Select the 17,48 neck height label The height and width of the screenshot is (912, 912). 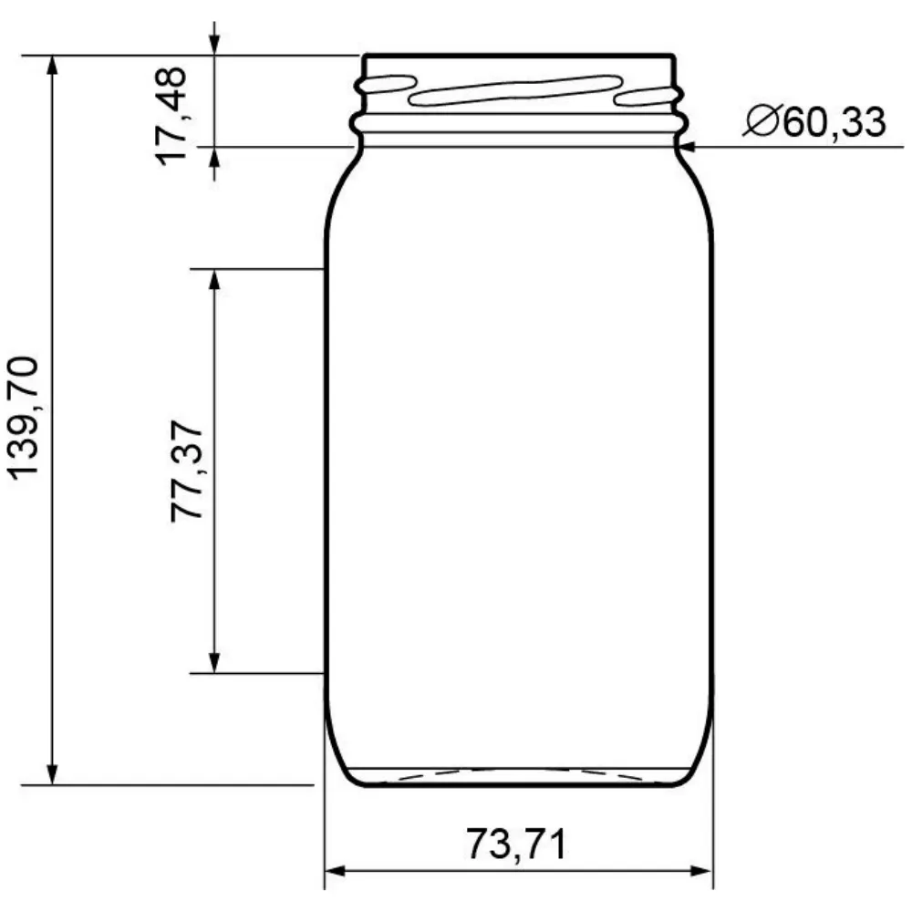[171, 113]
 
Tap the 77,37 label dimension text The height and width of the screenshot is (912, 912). [188, 471]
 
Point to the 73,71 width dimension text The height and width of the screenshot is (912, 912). [516, 844]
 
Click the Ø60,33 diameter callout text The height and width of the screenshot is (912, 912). [814, 121]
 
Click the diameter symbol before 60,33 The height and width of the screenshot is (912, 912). [760, 121]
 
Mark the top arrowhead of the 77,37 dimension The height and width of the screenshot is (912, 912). [214, 279]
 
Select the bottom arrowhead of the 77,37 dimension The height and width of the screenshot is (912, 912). [214, 663]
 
